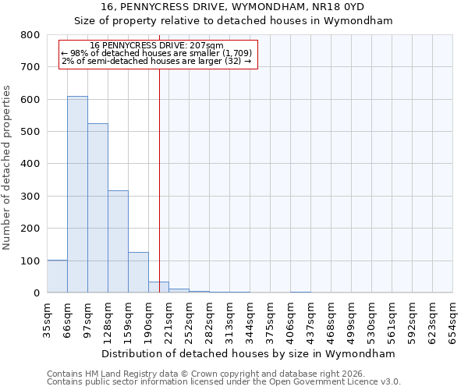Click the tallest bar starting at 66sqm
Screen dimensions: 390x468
77,195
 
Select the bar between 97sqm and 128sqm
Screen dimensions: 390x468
97,208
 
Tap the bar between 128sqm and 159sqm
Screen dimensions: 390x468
118,242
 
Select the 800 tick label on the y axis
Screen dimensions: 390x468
30,35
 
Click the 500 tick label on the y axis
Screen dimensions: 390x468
30,132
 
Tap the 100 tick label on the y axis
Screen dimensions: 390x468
30,261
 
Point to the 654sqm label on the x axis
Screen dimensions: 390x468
452,320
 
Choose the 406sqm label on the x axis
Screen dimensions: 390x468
290,320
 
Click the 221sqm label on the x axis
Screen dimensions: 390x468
168,320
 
